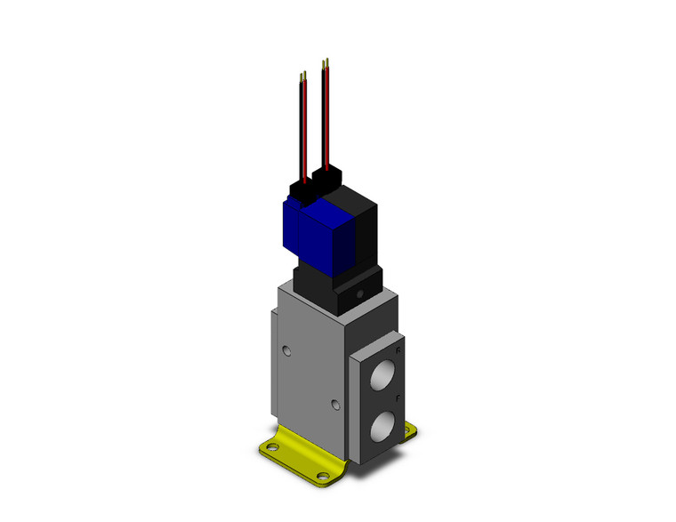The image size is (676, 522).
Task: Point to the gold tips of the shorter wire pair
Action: (x=305, y=77)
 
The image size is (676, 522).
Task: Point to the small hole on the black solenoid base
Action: (x=361, y=292)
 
